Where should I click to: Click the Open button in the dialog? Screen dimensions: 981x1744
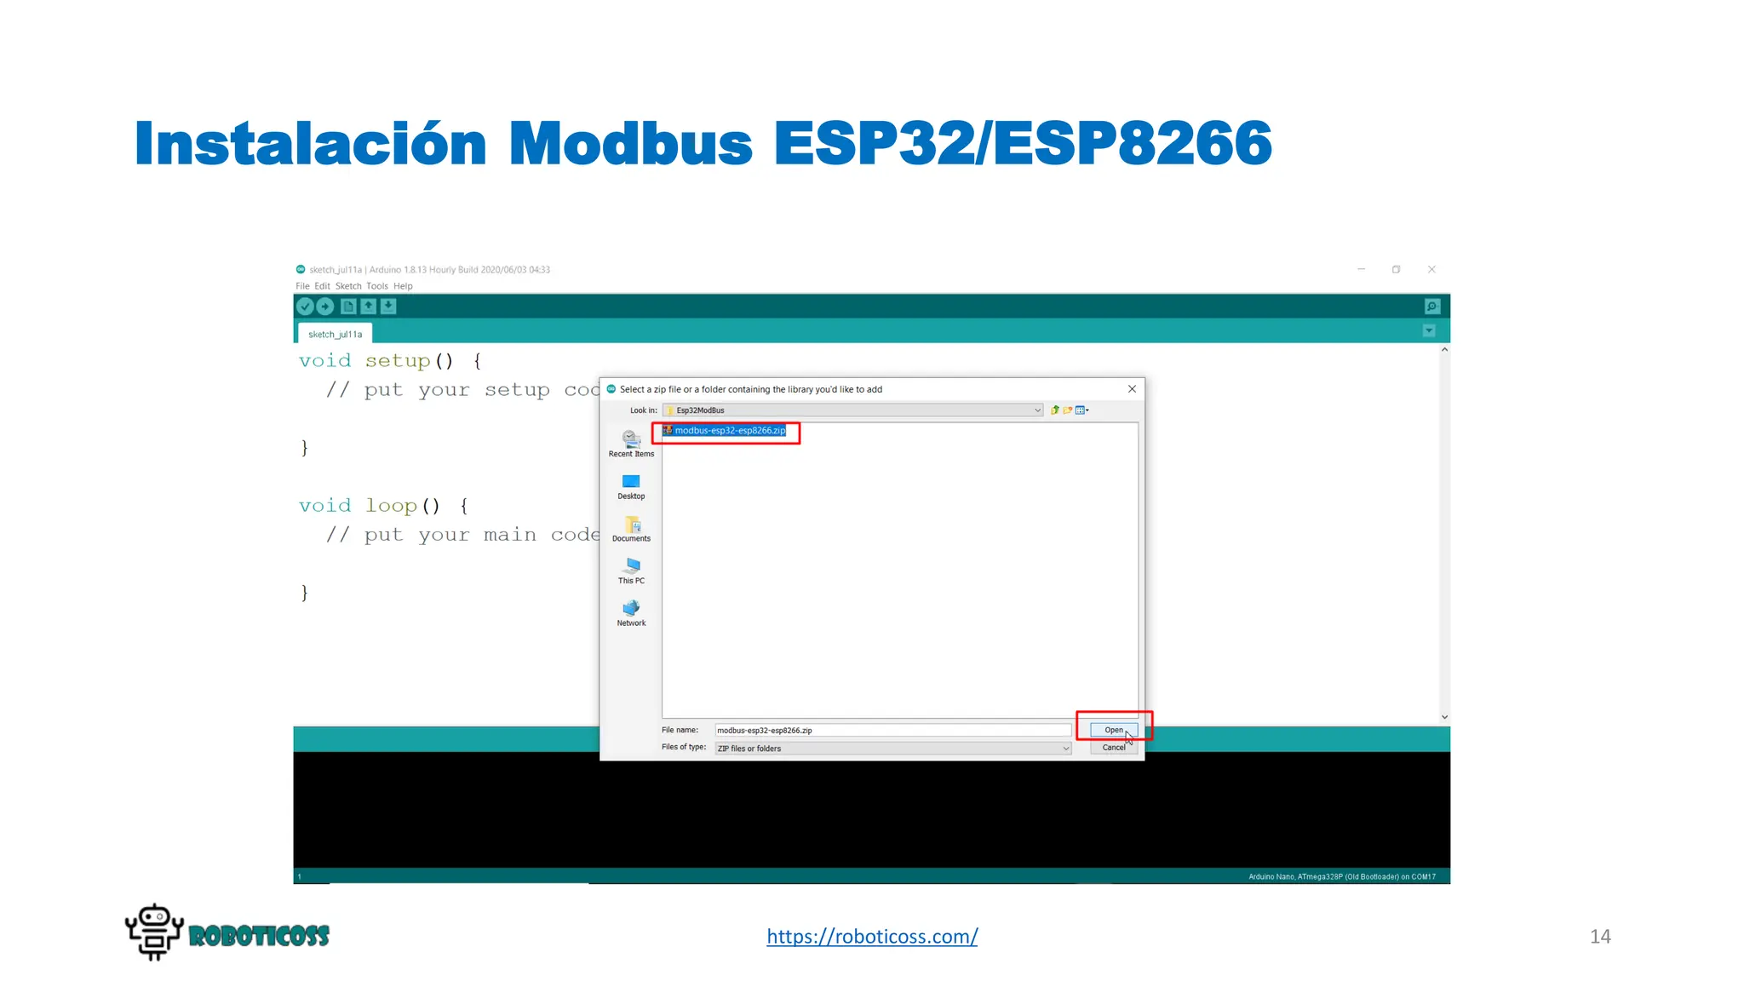coord(1113,730)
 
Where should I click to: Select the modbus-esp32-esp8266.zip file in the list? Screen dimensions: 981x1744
coord(730,431)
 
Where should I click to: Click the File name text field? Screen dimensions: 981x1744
coord(892,731)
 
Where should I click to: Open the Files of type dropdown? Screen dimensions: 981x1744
coord(892,749)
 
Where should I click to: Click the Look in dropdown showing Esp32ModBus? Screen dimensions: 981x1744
coord(852,410)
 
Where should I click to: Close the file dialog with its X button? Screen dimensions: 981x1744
coord(1132,389)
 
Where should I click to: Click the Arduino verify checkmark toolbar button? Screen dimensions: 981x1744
coord(305,307)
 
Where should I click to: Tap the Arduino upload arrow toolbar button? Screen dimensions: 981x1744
coord(325,307)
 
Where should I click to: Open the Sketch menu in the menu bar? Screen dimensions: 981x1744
coord(347,286)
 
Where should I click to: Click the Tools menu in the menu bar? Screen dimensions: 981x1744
coord(376,286)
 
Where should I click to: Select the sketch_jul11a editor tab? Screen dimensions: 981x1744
coord(335,335)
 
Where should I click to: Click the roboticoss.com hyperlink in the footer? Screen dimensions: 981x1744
coord(872,936)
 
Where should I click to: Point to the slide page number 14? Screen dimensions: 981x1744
coord(1600,937)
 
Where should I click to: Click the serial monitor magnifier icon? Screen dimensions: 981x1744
coord(1432,307)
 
